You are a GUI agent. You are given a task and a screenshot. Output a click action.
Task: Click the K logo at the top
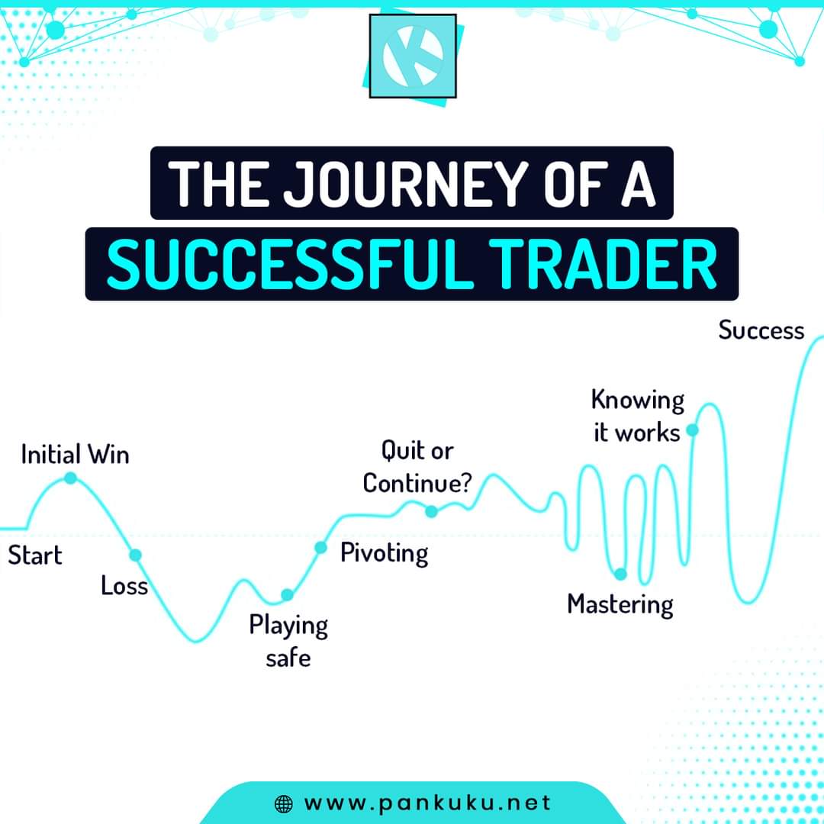[413, 56]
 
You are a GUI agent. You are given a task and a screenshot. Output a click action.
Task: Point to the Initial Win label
[75, 455]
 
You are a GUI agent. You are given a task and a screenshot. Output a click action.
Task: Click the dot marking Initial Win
[70, 478]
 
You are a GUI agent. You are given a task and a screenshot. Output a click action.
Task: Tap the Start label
[35, 555]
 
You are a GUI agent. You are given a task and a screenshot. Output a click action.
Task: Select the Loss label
[124, 586]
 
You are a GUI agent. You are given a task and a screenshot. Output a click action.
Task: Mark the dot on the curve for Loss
[135, 555]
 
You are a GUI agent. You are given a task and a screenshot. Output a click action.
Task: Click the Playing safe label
[288, 640]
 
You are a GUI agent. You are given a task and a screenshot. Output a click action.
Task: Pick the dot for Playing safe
[287, 595]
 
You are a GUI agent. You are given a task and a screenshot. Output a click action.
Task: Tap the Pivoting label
[384, 552]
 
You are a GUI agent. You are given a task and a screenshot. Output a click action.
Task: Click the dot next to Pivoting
[320, 547]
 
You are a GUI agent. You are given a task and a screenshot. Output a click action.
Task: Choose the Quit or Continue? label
[417, 467]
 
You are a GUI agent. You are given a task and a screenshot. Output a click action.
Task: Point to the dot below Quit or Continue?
[431, 511]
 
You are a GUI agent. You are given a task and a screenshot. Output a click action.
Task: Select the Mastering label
[620, 604]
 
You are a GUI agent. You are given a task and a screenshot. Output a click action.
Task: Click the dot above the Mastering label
[620, 574]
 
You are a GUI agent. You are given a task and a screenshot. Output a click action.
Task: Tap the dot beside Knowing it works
[693, 430]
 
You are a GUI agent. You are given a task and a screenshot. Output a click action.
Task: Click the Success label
[761, 330]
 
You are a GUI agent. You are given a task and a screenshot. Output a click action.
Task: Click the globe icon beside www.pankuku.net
[283, 803]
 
